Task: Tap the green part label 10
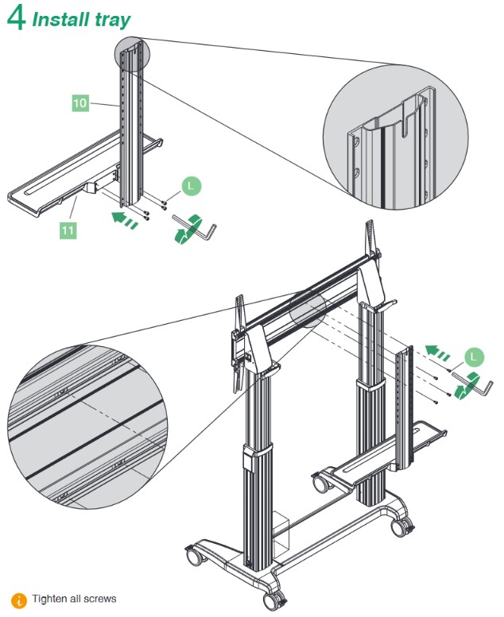coord(80,103)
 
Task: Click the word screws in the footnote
coord(101,599)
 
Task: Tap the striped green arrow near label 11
coord(124,218)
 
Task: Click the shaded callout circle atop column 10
coord(132,52)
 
